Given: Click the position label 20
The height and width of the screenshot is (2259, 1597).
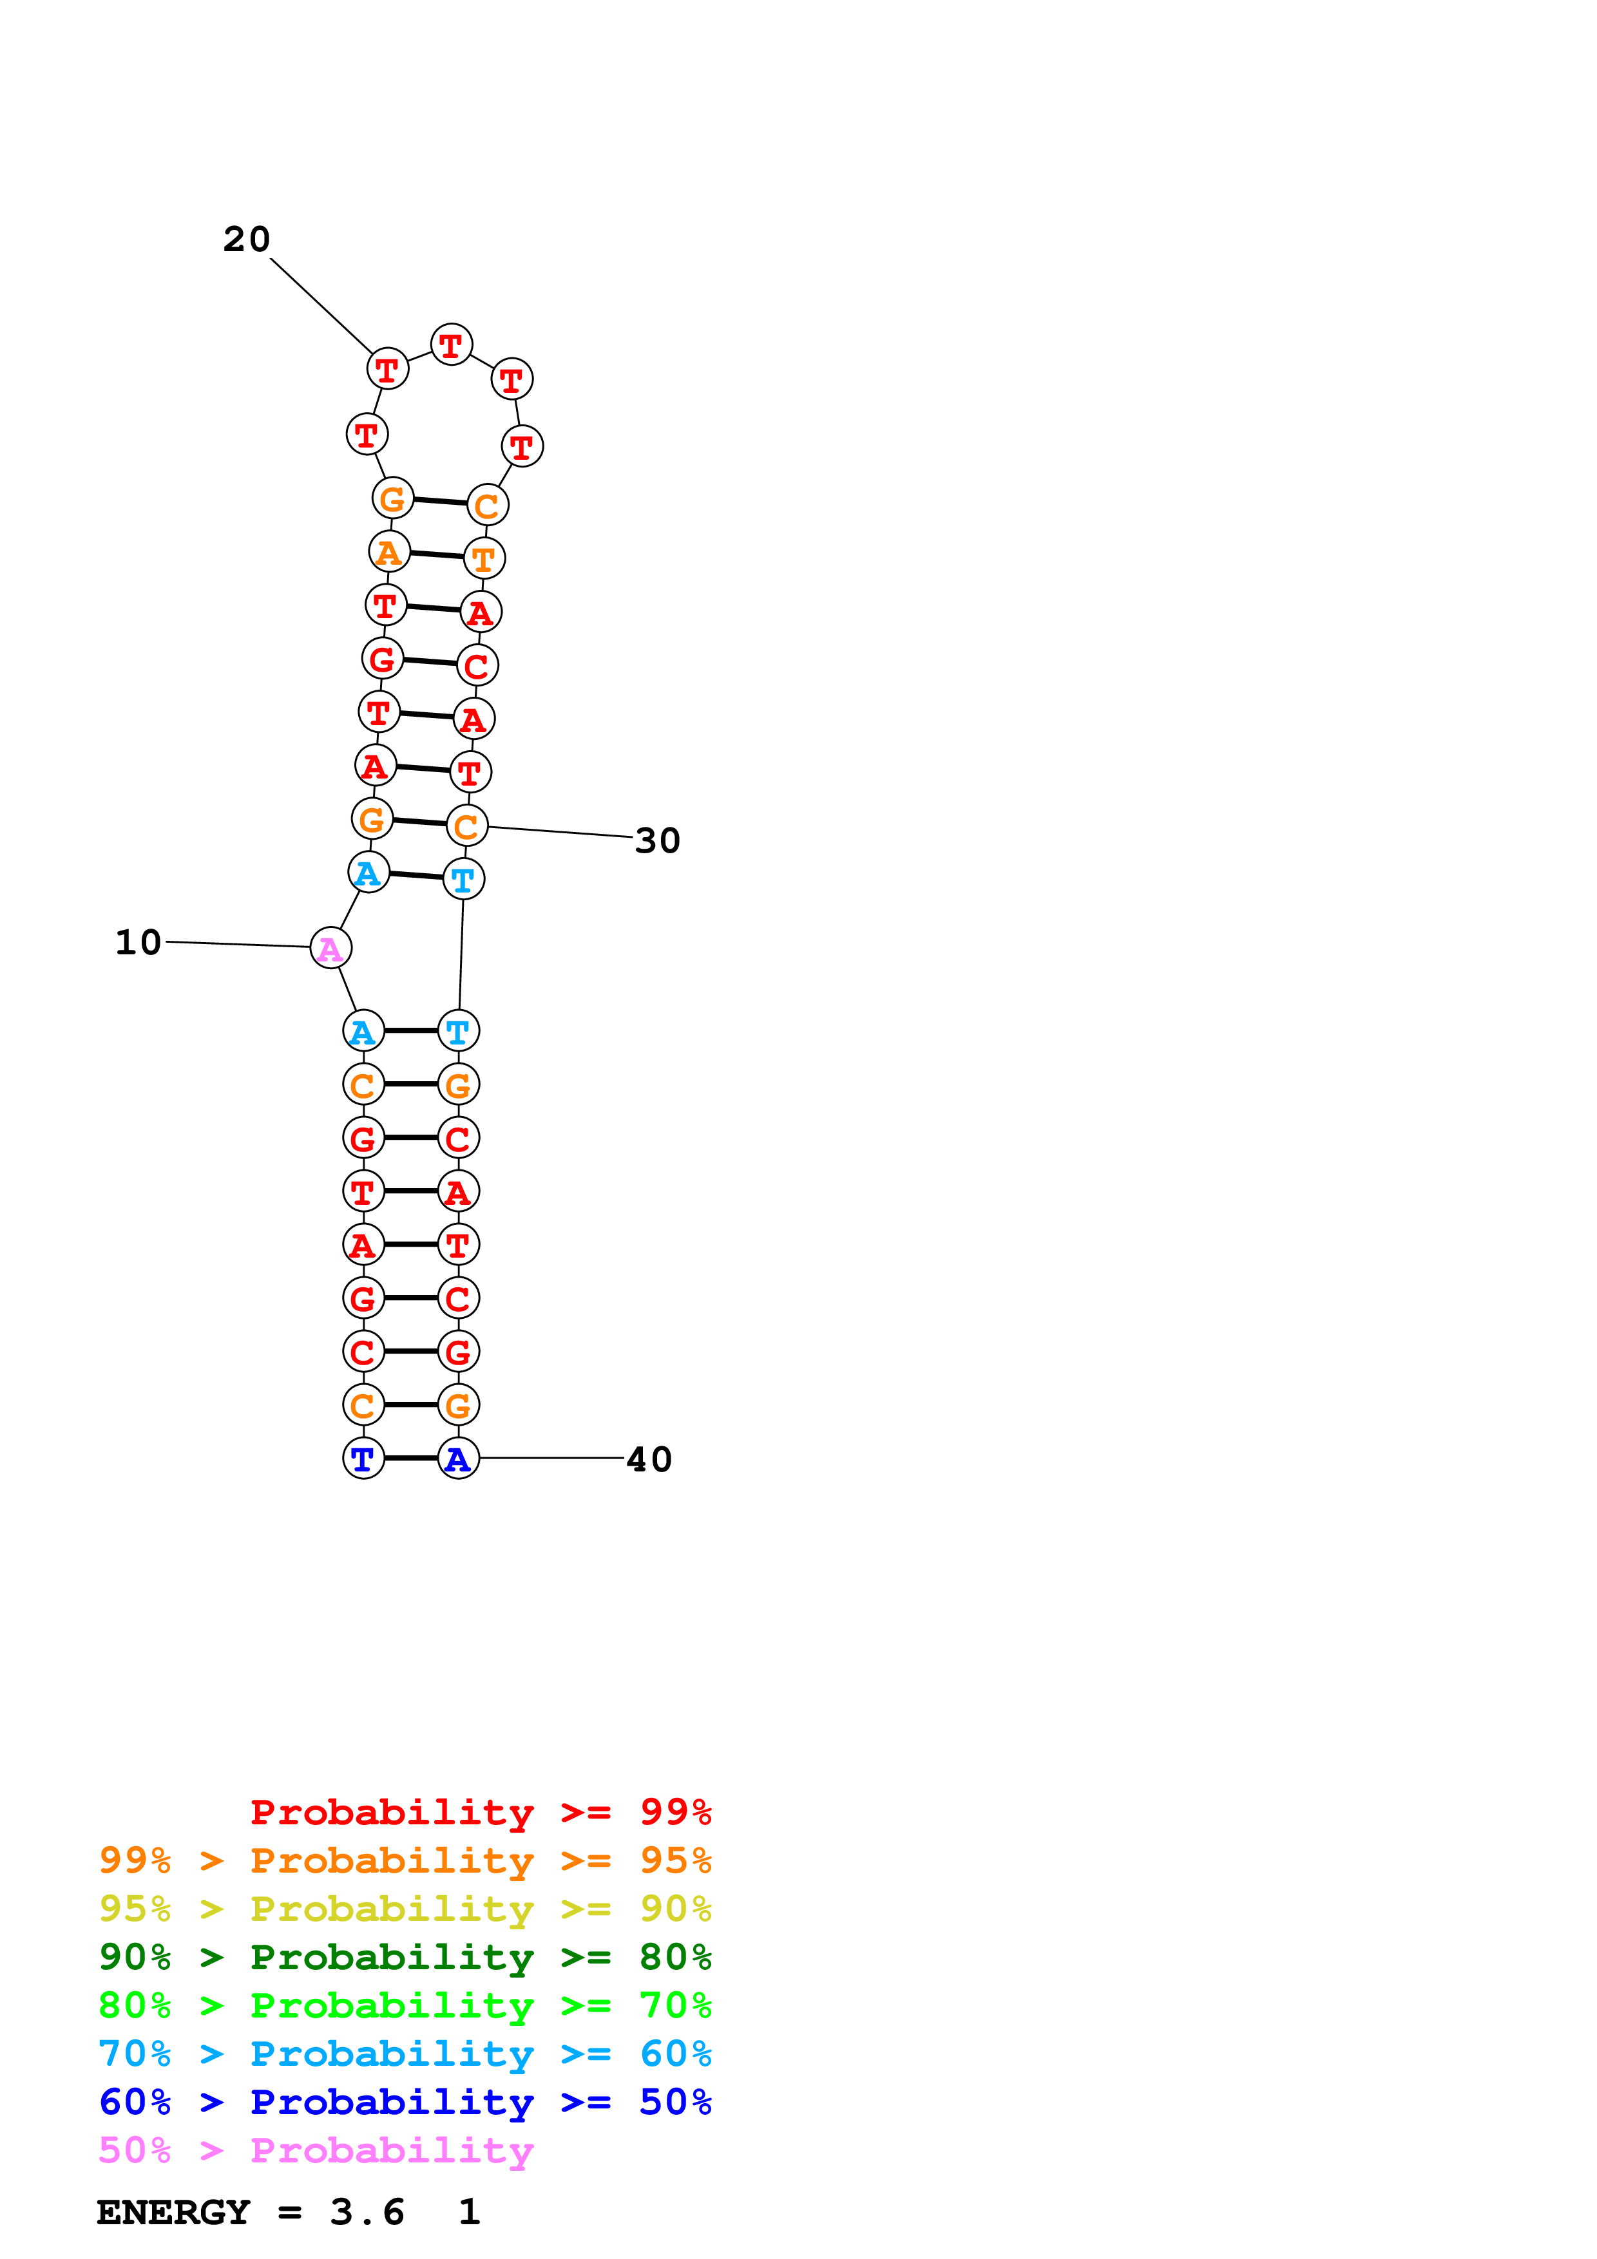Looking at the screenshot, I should pos(246,239).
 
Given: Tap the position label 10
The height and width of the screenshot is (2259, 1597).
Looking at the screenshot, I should pos(138,943).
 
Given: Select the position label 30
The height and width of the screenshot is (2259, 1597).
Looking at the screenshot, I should pos(657,841).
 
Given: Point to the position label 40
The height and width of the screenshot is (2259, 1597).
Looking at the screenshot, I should pos(649,1459).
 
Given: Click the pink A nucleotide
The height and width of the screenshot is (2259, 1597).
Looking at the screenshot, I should pos(330,949).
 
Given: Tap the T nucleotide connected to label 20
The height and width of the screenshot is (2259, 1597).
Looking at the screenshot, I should pos(388,369).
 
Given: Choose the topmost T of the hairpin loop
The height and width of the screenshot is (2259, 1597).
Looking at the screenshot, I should pos(452,345).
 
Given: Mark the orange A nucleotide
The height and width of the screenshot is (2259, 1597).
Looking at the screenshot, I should pos(390,552).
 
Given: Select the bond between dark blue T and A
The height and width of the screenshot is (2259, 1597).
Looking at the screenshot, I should pos(410,1458).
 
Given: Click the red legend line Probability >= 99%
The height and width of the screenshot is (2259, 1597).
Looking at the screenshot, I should pos(480,1812).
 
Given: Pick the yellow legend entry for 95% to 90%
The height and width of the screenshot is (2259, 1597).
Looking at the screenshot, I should pos(405,1909).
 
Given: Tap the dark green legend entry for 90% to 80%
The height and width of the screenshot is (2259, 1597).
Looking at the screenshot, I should pos(405,1957).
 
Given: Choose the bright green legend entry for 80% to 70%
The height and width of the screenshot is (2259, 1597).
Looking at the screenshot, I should pos(405,2005).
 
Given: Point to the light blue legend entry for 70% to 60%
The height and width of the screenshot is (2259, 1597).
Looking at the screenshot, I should pos(405,2054).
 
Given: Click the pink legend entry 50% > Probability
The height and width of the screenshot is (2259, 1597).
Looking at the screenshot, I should pos(316,2150).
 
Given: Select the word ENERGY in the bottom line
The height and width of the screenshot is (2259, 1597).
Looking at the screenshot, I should pos(173,2212).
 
